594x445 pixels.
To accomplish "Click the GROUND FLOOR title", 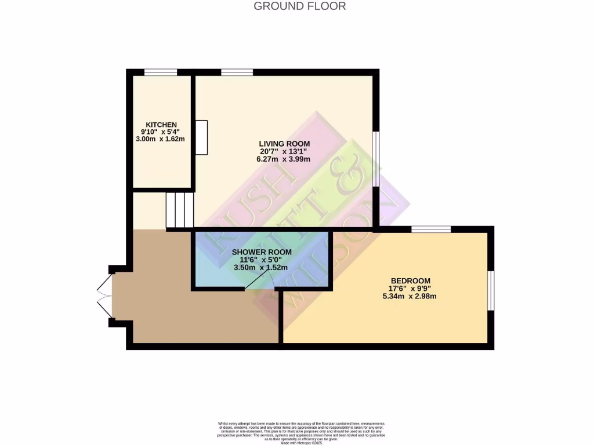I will coord(300,6).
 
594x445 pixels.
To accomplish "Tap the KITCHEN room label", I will coord(161,125).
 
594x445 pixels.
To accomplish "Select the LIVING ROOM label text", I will coord(284,144).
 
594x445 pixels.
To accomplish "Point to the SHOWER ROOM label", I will coord(262,252).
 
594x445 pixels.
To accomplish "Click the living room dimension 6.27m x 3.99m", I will coord(284,159).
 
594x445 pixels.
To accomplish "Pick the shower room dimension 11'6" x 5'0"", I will coord(262,260).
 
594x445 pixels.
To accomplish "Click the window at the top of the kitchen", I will coord(161,72).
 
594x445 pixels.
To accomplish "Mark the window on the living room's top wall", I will coord(237,72).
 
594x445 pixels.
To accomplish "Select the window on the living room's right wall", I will coord(376,159).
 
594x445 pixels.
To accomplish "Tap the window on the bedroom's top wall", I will coord(431,229).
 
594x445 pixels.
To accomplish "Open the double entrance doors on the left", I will coord(104,294).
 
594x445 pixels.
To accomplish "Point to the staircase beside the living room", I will coord(179,210).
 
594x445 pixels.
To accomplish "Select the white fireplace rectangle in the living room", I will coord(201,137).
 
